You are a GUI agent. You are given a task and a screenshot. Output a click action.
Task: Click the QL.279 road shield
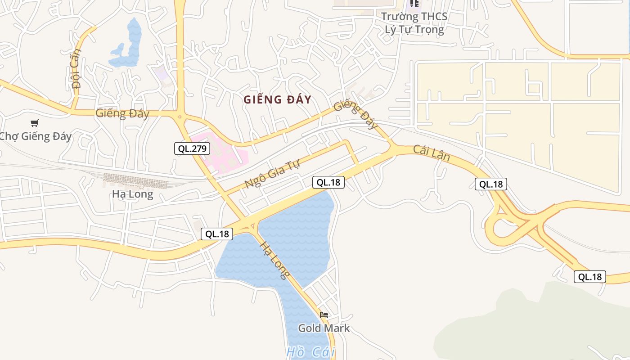coord(192,148)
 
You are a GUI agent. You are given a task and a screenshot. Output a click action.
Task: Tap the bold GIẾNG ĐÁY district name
coord(277,99)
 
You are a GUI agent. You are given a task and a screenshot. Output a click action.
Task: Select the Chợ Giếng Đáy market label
coord(35,136)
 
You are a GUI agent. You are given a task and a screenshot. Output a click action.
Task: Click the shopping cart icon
coord(35,123)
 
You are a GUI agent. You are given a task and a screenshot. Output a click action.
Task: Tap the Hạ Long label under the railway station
coord(132,194)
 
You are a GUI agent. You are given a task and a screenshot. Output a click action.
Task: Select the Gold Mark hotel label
coord(324,328)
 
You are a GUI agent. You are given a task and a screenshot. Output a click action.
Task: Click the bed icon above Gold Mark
coord(324,315)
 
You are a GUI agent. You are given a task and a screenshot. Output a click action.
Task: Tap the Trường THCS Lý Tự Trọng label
coord(414,23)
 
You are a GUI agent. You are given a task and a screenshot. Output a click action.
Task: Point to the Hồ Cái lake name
coord(310,352)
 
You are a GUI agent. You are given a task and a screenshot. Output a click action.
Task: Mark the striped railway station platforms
coord(135,181)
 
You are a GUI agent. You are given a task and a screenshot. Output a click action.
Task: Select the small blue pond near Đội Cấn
coord(128,45)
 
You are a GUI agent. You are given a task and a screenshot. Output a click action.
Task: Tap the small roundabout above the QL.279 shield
coord(180,117)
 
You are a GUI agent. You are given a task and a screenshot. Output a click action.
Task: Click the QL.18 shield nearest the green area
coord(589,277)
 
